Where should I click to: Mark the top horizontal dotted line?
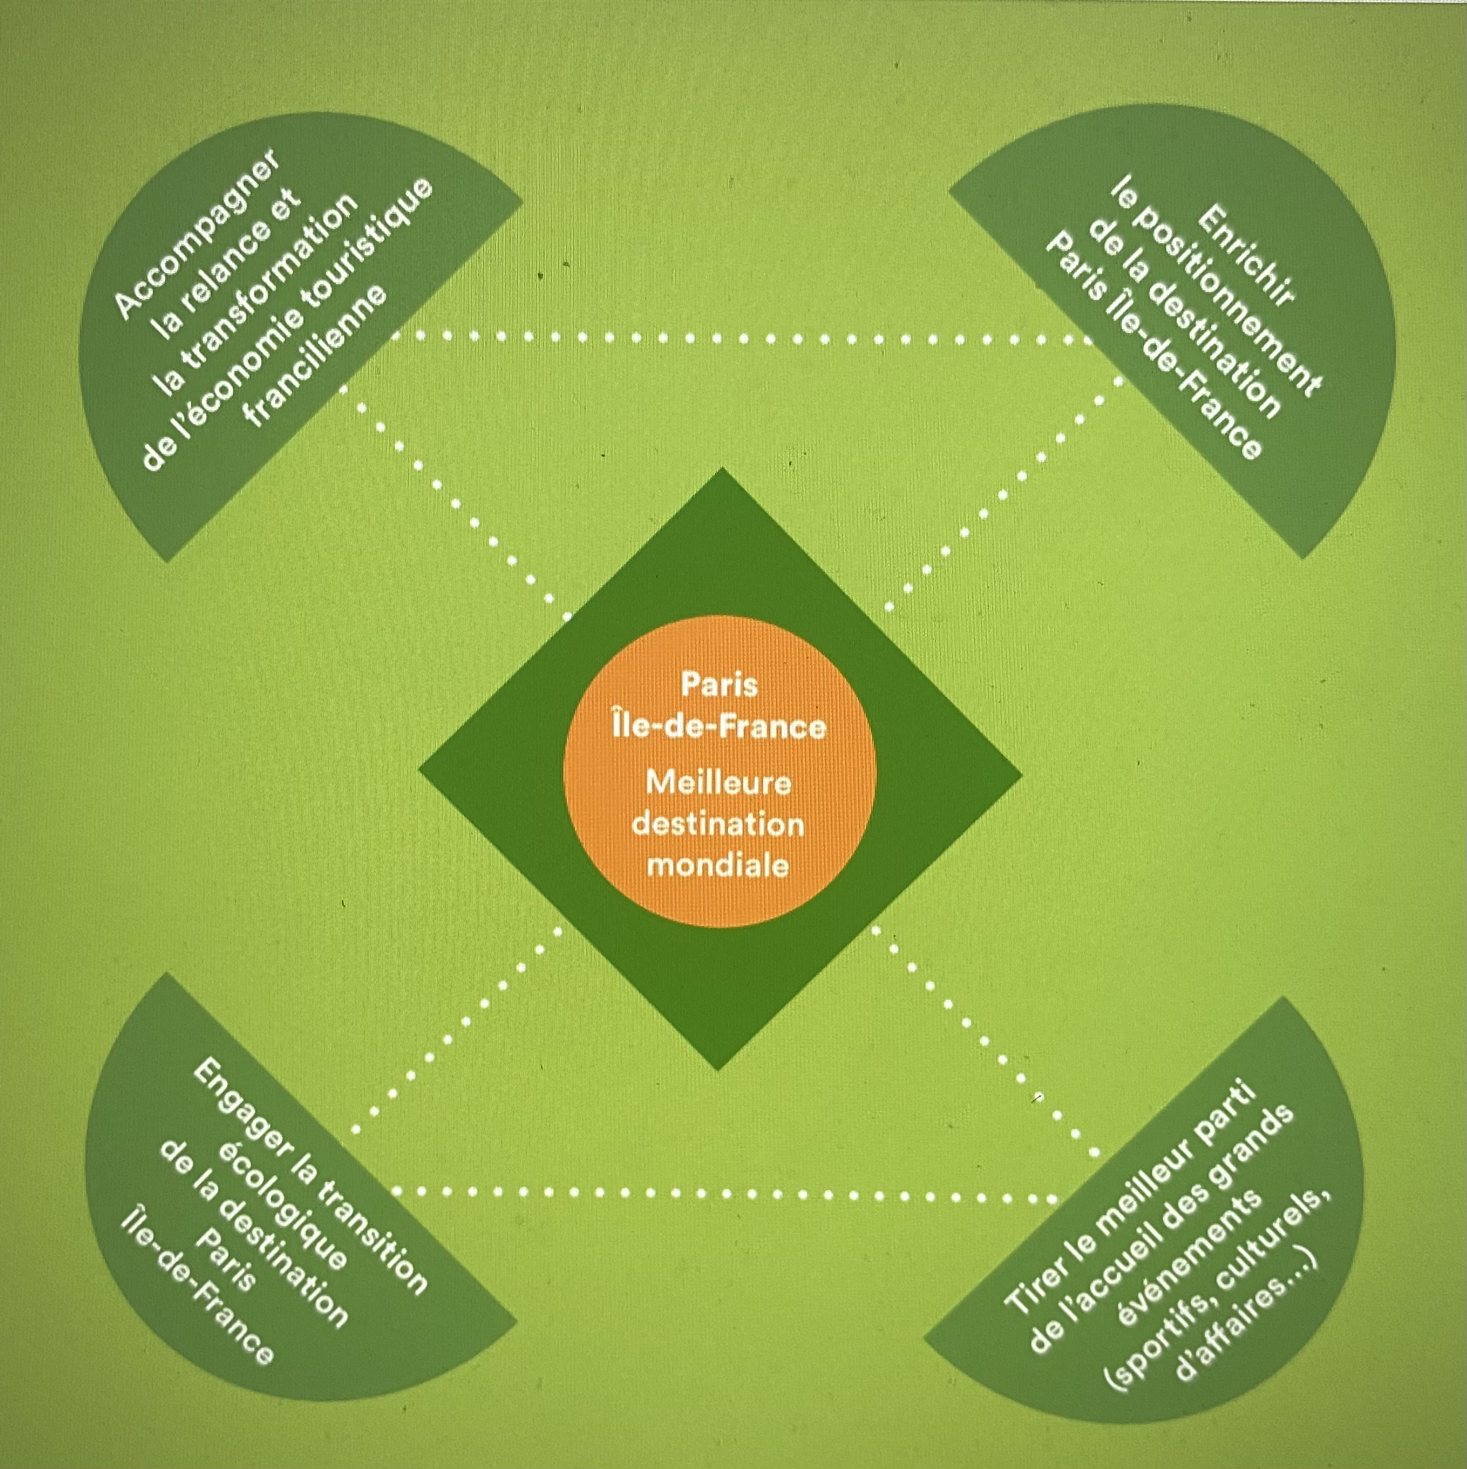pos(730,338)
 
